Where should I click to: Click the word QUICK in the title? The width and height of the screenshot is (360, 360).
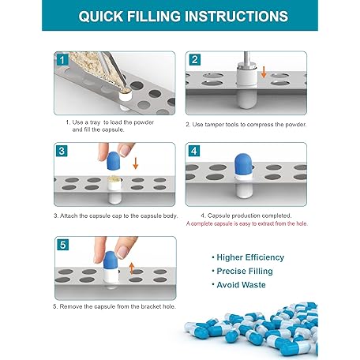[101, 17]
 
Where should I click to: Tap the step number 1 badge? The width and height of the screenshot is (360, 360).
[62, 60]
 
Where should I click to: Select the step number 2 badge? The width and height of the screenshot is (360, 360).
[195, 60]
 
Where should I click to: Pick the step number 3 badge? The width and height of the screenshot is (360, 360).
[62, 151]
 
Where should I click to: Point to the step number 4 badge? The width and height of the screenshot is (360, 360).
[194, 151]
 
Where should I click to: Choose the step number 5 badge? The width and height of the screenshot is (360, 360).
[62, 245]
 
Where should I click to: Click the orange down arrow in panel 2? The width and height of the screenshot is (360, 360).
[264, 73]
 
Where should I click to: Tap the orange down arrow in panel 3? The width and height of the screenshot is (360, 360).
[136, 163]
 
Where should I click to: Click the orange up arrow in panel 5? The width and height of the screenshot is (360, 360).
[132, 268]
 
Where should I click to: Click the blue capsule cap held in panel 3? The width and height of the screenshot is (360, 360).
[114, 160]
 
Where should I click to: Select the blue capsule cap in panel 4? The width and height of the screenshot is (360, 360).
[243, 164]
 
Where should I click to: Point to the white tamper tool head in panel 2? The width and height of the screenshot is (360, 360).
[247, 74]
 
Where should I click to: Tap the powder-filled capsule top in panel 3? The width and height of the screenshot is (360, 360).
[114, 179]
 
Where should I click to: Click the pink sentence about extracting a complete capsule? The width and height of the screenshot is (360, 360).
[247, 223]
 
